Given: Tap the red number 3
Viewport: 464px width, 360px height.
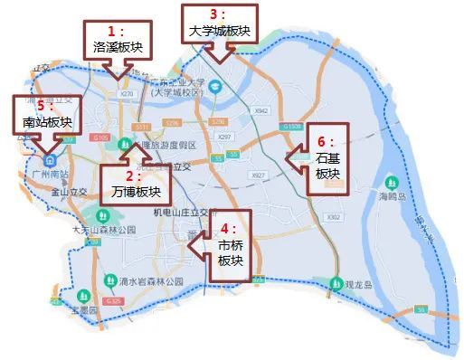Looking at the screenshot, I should point(213,14).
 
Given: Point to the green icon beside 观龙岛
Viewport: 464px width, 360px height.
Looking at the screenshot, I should point(336,282).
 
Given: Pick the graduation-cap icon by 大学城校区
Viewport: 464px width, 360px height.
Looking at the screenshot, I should point(215,87).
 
